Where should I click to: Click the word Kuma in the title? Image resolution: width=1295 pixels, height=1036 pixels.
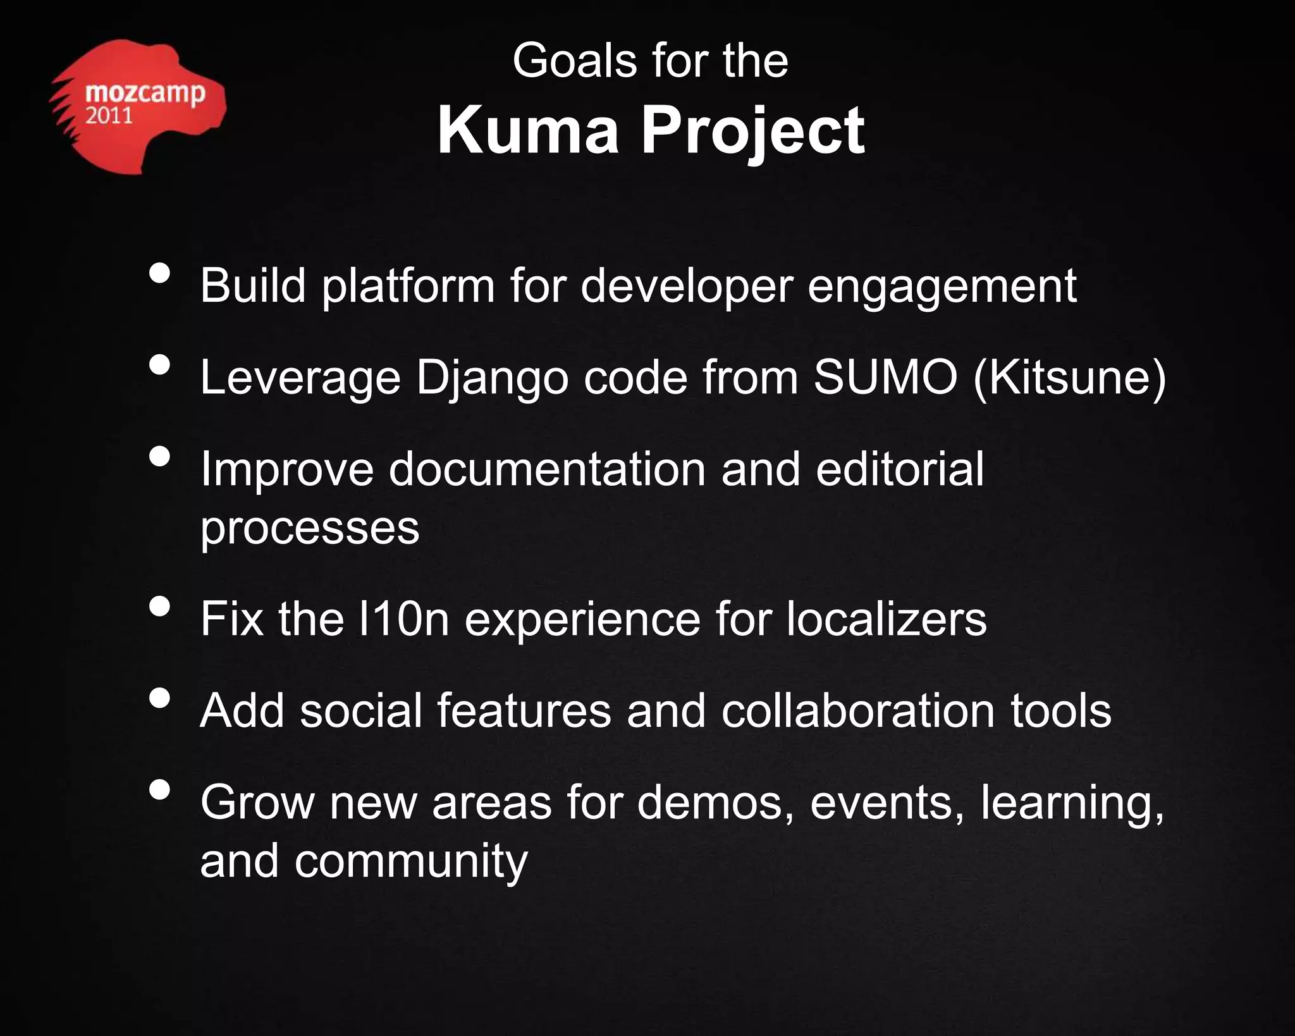pyautogui.click(x=527, y=131)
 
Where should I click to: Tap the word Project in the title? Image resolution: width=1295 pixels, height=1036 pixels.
pyautogui.click(x=752, y=133)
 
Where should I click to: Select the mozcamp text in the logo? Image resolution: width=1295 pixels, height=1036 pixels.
pyautogui.click(x=145, y=94)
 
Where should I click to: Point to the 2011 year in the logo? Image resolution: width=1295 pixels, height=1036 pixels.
pyautogui.click(x=109, y=116)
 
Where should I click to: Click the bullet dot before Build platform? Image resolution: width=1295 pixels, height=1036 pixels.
pyautogui.click(x=161, y=274)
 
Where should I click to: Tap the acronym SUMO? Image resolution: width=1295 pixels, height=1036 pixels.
pyautogui.click(x=885, y=378)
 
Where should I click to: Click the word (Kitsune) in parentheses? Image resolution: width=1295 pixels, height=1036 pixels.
pyautogui.click(x=1069, y=378)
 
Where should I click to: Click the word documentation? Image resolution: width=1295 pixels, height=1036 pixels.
pyautogui.click(x=546, y=469)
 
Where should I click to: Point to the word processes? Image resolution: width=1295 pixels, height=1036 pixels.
pyautogui.click(x=310, y=528)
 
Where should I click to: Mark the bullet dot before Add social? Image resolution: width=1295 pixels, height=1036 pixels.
pyautogui.click(x=161, y=698)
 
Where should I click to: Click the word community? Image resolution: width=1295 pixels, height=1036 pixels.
pyautogui.click(x=410, y=862)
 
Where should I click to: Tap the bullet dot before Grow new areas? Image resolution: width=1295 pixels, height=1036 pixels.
pyautogui.click(x=161, y=790)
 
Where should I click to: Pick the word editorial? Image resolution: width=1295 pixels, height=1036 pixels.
pyautogui.click(x=899, y=469)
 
